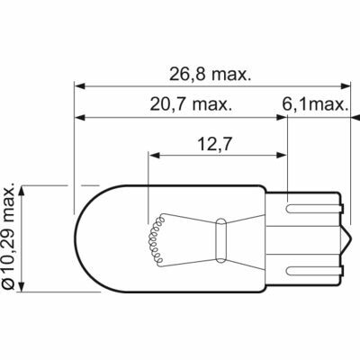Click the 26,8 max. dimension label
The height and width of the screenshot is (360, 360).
[210, 75]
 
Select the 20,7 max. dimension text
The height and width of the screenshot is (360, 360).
[191, 104]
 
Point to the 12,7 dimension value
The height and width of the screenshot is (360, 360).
[214, 145]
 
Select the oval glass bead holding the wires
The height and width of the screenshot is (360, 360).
[220, 240]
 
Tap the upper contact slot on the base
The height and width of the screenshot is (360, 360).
[313, 209]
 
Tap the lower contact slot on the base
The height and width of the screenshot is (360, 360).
[313, 272]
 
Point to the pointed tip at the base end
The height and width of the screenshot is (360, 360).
[350, 240]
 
